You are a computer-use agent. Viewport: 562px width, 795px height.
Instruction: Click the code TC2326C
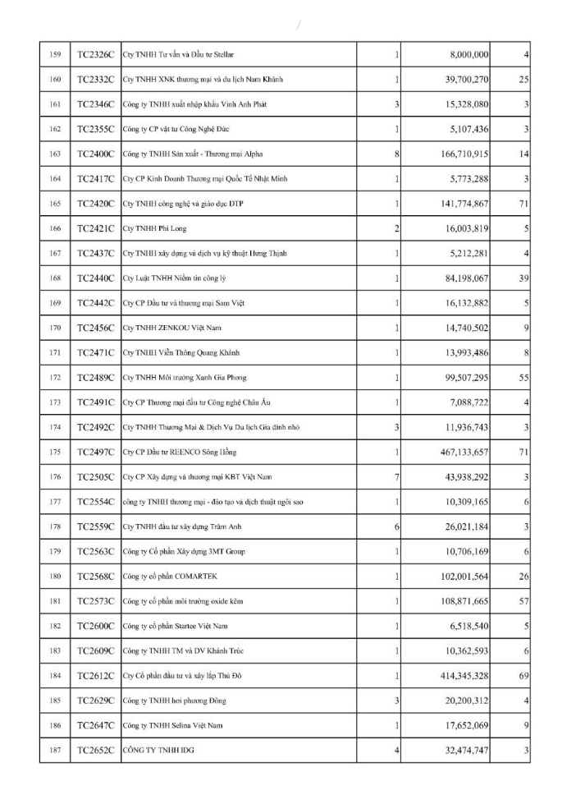click(95, 54)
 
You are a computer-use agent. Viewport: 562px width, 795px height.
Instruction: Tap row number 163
click(55, 154)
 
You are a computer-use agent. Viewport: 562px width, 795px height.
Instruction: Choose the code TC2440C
click(95, 278)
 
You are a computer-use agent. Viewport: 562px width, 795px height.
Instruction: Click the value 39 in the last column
click(523, 278)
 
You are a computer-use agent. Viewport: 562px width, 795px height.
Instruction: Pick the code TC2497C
click(95, 452)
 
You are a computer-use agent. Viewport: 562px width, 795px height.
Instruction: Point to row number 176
click(55, 476)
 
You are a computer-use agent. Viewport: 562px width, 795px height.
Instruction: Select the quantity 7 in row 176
click(396, 476)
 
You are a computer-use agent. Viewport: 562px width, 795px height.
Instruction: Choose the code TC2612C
click(95, 675)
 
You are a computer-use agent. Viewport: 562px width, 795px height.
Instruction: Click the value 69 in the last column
click(523, 675)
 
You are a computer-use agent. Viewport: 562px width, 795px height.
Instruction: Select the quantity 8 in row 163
click(396, 154)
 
